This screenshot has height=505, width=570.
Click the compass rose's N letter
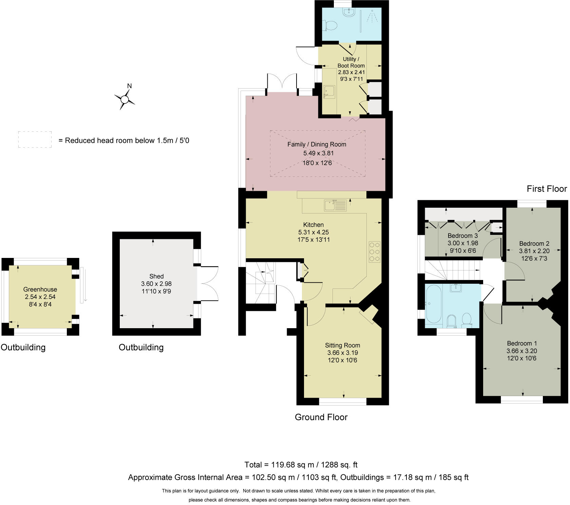coord(129,86)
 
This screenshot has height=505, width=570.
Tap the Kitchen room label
coord(313,225)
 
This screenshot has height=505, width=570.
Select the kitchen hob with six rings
coord(375,251)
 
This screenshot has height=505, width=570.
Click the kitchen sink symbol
coord(335,206)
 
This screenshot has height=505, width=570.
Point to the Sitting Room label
coord(342,345)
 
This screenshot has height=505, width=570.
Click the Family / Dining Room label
coord(317,145)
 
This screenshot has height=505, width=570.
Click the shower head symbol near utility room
coord(373,16)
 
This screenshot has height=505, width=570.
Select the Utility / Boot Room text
coord(351,62)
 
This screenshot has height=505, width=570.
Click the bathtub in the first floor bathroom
coord(434,304)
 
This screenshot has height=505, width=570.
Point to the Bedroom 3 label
coord(462,236)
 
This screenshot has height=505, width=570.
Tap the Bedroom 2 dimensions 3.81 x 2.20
coord(534,251)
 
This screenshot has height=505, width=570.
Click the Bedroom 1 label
coord(522,343)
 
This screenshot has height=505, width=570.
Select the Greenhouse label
coord(40,289)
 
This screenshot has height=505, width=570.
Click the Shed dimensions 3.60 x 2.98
coord(156,284)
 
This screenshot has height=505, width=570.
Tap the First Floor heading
coord(547,189)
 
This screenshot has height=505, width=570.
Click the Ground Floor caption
coord(321,417)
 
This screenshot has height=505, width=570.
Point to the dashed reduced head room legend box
coord(35,139)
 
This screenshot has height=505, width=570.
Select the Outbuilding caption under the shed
coord(141,348)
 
